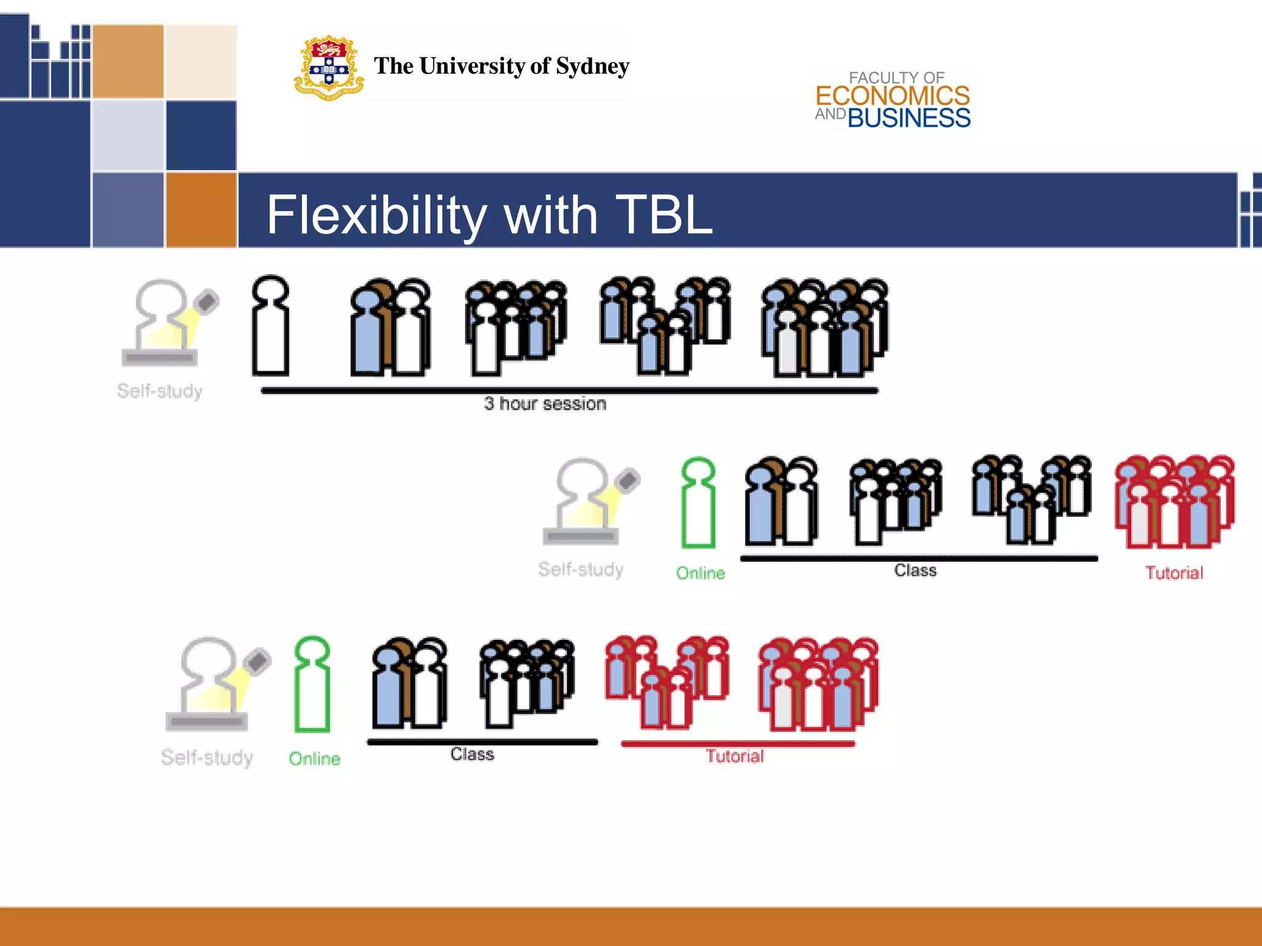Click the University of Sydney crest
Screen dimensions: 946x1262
click(x=328, y=68)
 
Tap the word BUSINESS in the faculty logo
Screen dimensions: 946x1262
click(x=909, y=118)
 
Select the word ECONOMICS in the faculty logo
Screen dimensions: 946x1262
click(x=892, y=96)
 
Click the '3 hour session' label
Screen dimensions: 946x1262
click(x=545, y=404)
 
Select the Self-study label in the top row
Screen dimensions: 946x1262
click(x=160, y=391)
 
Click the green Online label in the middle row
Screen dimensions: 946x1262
click(x=701, y=573)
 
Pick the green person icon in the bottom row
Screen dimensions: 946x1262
click(x=312, y=684)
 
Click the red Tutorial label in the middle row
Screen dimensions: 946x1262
click(x=1174, y=573)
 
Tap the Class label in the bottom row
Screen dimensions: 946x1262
click(x=472, y=754)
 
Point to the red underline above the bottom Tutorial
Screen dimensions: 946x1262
click(x=738, y=744)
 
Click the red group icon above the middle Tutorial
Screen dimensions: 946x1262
click(x=1174, y=502)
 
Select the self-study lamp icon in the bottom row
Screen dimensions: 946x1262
click(x=216, y=684)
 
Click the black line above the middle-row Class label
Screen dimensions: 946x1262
click(x=918, y=559)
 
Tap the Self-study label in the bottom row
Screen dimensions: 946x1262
click(x=207, y=758)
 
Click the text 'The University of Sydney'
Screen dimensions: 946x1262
click(x=502, y=66)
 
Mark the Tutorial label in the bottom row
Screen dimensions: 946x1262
click(x=735, y=756)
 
